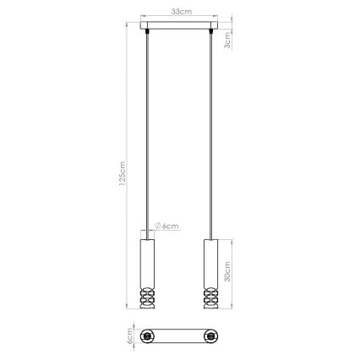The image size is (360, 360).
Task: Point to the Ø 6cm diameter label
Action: [x=168, y=226]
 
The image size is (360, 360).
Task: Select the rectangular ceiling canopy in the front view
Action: [x=179, y=29]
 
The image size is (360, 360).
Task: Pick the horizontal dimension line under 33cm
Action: [x=179, y=19]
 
